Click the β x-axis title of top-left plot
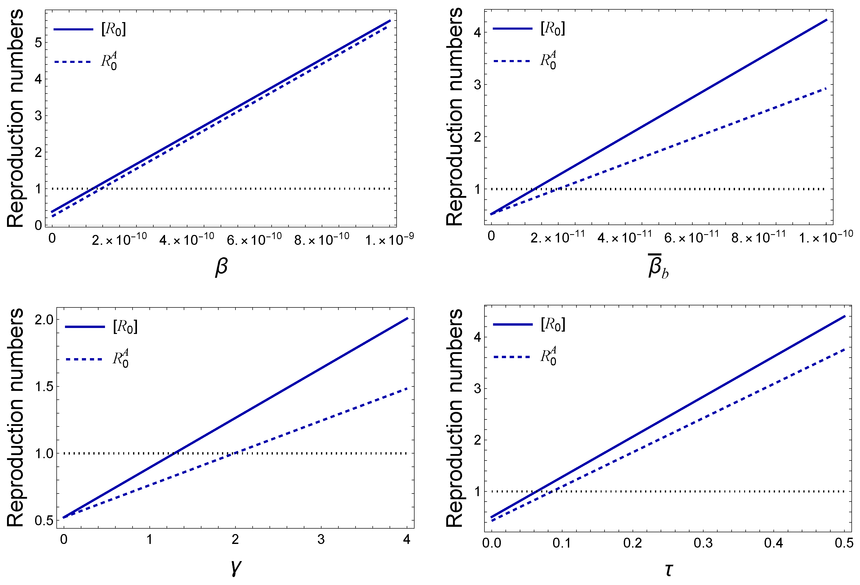(x=221, y=267)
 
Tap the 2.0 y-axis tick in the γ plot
(x=44, y=319)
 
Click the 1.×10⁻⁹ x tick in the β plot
(x=389, y=239)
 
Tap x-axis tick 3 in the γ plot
(x=321, y=540)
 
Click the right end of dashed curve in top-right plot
(x=826, y=88)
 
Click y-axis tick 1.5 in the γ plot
(x=44, y=386)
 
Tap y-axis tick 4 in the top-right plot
(x=477, y=32)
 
